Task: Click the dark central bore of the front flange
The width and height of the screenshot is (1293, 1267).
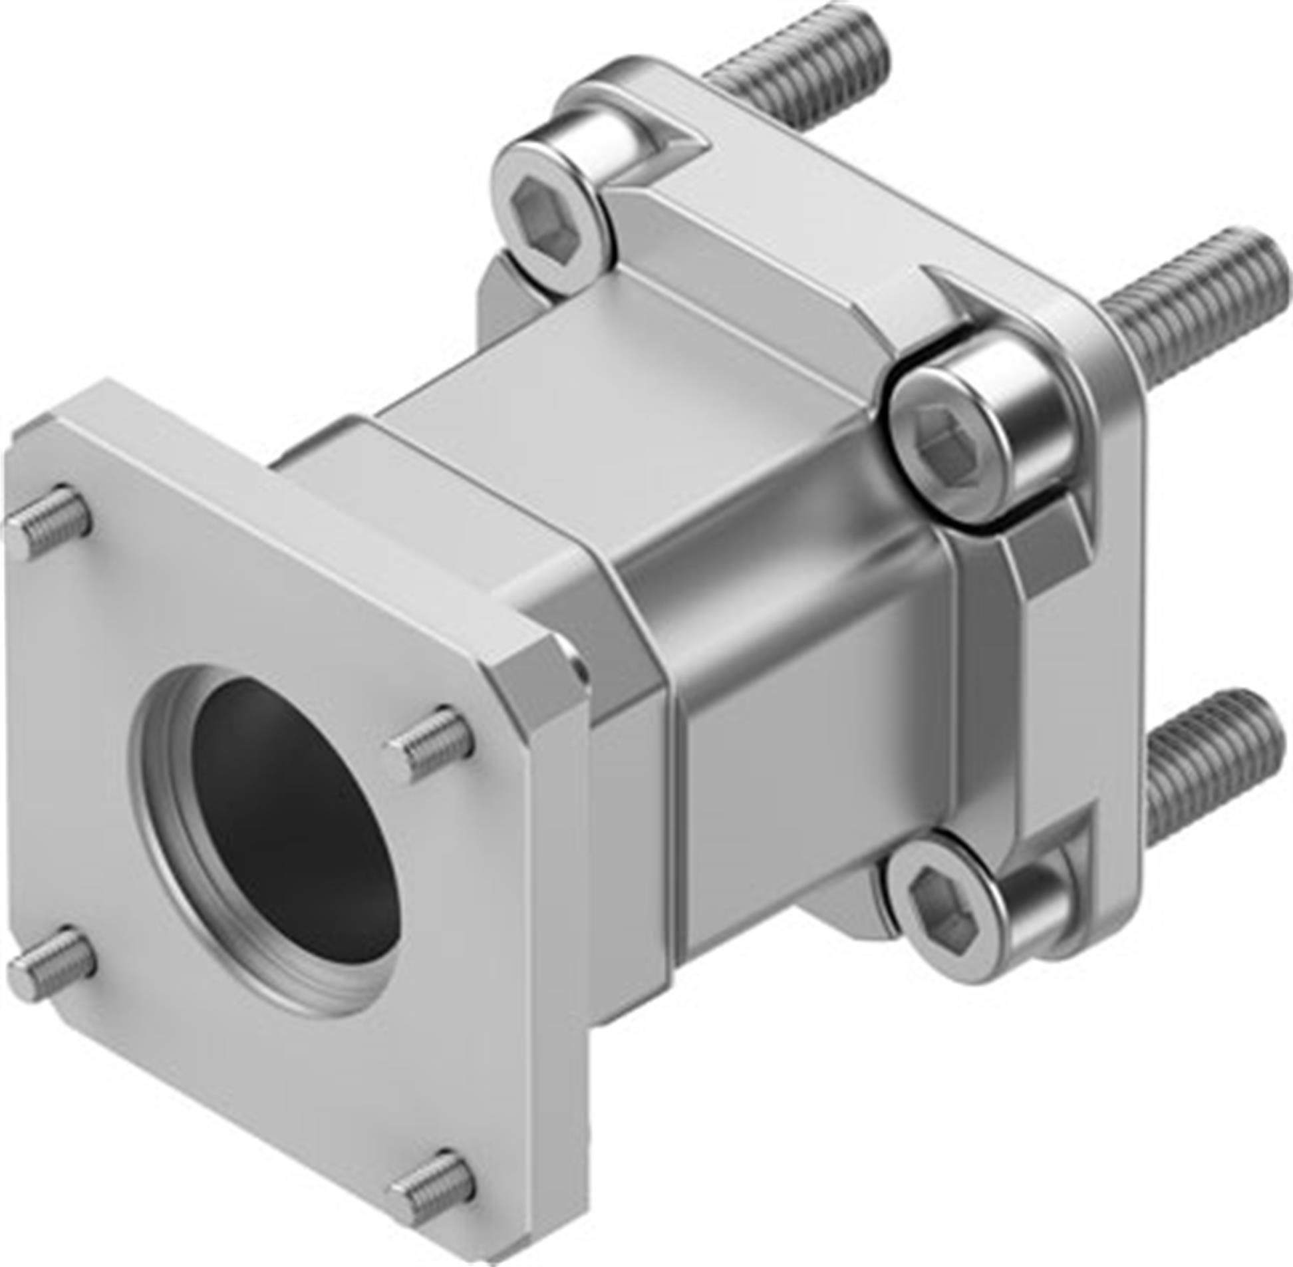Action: click(293, 822)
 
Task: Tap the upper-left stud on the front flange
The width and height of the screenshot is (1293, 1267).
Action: click(50, 522)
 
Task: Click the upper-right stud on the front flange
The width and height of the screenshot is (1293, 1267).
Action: click(432, 742)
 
